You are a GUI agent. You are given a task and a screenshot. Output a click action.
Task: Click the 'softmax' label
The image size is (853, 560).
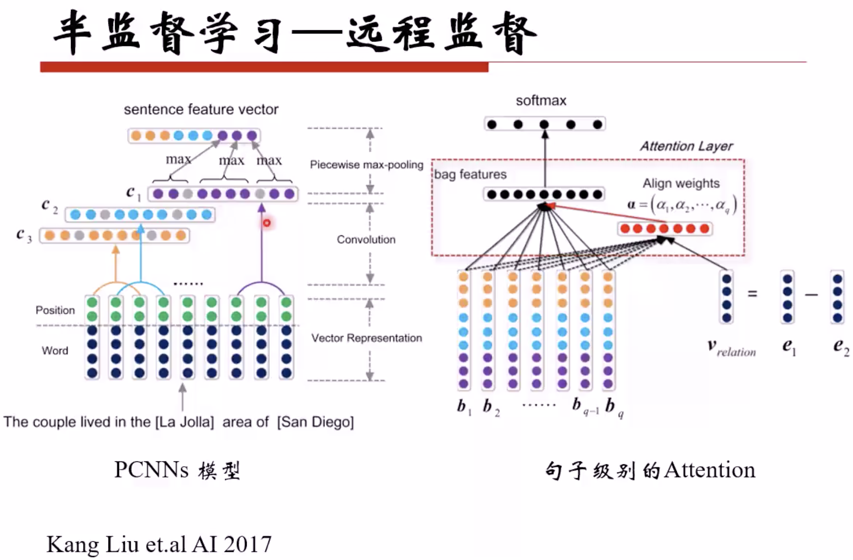click(x=541, y=101)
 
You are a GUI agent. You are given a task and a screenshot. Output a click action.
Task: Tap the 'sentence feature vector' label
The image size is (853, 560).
click(x=201, y=109)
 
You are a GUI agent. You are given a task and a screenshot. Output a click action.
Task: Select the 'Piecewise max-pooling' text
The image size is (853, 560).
click(x=366, y=165)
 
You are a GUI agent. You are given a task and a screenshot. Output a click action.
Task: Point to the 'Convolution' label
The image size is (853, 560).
click(x=366, y=239)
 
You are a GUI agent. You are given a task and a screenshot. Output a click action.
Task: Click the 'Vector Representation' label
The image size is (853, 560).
click(x=366, y=338)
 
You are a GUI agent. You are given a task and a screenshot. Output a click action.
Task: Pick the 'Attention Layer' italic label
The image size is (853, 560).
click(x=686, y=146)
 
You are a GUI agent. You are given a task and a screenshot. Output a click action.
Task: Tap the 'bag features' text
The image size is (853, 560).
click(x=470, y=174)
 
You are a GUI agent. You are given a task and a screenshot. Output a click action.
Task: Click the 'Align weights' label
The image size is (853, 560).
click(x=681, y=183)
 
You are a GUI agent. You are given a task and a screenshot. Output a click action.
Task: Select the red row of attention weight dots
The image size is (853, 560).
click(x=665, y=229)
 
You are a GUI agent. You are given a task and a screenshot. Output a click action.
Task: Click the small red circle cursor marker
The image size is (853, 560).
click(x=267, y=223)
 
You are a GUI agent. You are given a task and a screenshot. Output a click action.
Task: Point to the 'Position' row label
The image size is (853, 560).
click(x=55, y=310)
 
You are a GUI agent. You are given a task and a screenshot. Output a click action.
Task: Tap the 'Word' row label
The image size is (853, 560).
click(x=55, y=351)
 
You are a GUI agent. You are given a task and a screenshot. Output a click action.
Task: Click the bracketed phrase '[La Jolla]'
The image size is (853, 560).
click(x=184, y=422)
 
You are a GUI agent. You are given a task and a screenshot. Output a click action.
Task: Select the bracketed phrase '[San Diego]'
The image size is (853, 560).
click(x=315, y=422)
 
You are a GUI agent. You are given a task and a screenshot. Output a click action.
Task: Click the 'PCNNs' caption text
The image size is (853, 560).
click(x=151, y=470)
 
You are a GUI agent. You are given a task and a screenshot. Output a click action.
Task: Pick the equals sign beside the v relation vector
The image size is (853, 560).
click(x=752, y=293)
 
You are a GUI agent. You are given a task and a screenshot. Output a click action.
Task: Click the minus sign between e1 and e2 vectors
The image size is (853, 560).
click(x=811, y=294)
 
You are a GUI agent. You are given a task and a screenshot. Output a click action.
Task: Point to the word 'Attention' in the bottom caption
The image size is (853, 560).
click(x=709, y=470)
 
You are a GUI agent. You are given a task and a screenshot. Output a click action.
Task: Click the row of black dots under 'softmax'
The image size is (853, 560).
click(x=544, y=124)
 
